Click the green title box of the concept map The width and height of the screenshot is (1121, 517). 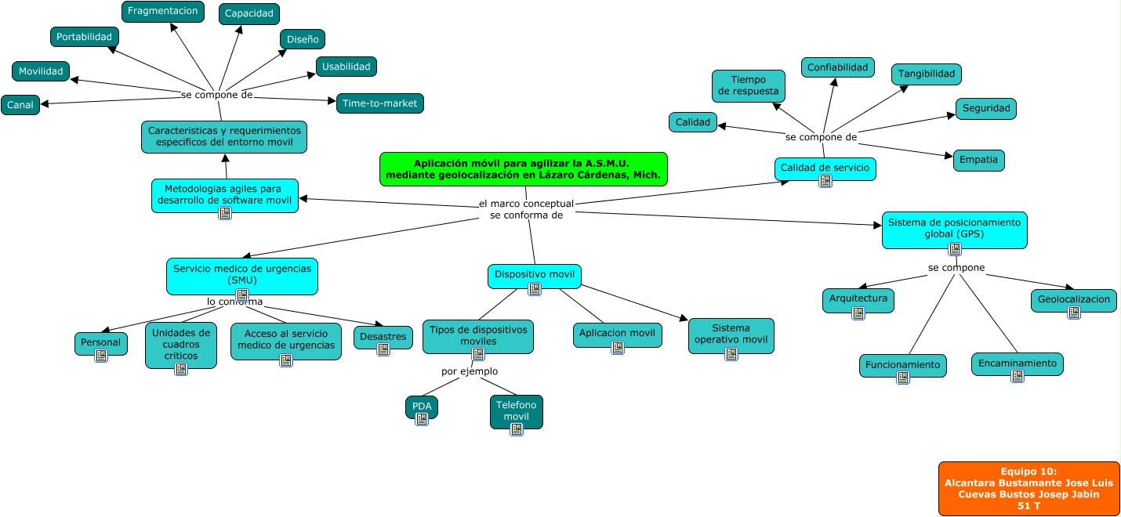[523, 169]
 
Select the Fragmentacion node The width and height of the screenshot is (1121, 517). [163, 12]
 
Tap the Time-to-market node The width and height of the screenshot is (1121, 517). [380, 103]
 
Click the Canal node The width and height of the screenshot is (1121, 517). [20, 105]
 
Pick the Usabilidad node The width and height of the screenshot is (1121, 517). [346, 67]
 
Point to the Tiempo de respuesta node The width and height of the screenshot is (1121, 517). [748, 85]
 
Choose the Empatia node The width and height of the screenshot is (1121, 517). [978, 160]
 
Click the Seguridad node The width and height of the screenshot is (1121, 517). [985, 109]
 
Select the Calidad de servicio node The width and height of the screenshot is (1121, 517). [825, 167]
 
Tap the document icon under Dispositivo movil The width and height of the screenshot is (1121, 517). [535, 289]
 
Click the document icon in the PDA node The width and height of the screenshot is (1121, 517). [422, 418]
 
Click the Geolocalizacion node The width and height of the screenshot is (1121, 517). [1073, 299]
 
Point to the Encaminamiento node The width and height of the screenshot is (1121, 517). [1017, 363]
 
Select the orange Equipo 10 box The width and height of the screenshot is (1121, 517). [1028, 488]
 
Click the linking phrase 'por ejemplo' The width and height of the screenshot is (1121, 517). [470, 371]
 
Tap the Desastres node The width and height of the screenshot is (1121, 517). [383, 337]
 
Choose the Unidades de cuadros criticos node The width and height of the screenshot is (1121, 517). [181, 345]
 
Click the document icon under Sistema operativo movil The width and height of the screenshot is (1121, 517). [731, 353]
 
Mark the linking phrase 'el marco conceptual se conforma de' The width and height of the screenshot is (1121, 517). [526, 209]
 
